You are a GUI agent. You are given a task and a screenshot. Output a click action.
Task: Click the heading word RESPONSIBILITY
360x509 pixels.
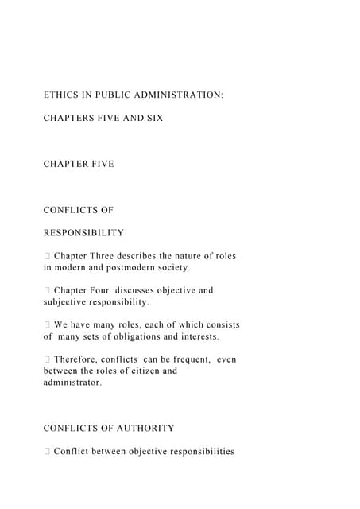[x=83, y=233]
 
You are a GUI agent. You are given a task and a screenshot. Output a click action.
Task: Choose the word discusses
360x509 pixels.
[x=151, y=290]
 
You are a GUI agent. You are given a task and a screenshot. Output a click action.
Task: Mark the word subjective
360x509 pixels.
[x=68, y=302]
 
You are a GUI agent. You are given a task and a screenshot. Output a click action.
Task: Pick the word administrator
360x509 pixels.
[x=72, y=383]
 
